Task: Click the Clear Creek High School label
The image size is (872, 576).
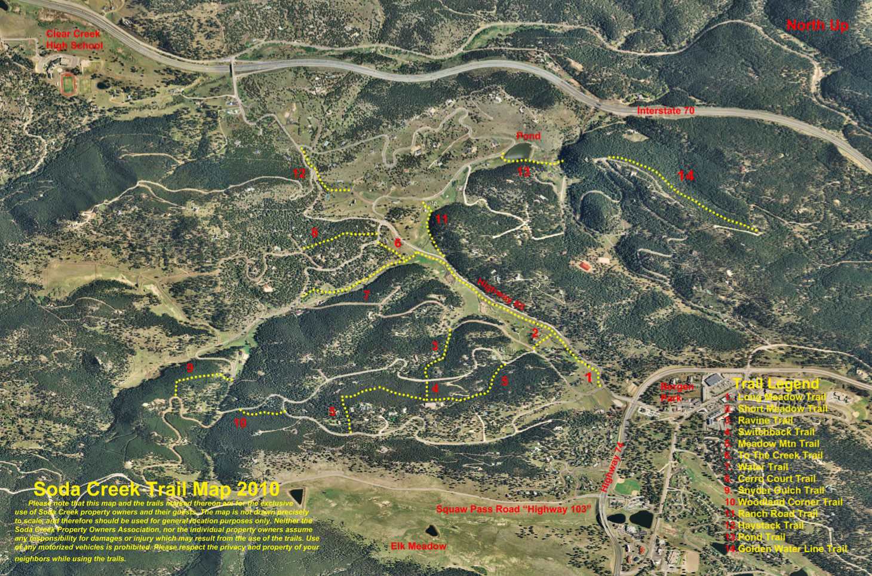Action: (x=74, y=39)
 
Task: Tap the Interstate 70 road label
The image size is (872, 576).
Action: (x=665, y=111)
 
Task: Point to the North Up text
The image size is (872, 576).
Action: (x=816, y=25)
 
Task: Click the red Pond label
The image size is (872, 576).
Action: (x=528, y=136)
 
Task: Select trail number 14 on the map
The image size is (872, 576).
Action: (x=686, y=175)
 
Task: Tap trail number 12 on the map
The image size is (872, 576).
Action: (x=299, y=173)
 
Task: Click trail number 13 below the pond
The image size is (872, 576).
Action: (x=523, y=172)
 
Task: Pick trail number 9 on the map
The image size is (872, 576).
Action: (x=190, y=367)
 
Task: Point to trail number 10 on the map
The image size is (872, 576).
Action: (x=240, y=422)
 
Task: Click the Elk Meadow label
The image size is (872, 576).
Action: (x=418, y=546)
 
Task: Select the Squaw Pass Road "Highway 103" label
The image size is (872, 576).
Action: (x=514, y=509)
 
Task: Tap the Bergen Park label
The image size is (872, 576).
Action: (x=677, y=392)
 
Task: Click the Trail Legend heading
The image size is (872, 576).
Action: (x=775, y=384)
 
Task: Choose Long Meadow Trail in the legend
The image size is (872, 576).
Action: (x=781, y=397)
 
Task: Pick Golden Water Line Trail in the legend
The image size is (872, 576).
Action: (x=792, y=549)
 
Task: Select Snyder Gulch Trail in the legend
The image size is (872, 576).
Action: (x=781, y=491)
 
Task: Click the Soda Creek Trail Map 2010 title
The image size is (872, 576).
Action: (x=156, y=489)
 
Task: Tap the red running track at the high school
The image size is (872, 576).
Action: (x=69, y=84)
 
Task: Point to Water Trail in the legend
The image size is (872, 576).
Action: (x=763, y=467)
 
